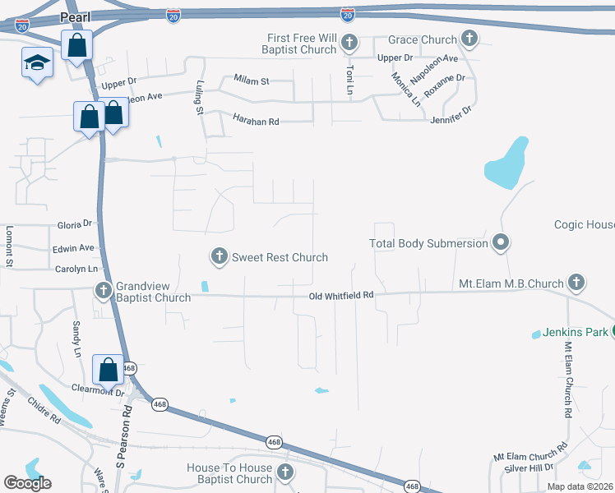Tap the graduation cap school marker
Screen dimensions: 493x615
tap(37, 62)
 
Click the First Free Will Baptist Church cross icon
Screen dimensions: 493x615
tap(349, 43)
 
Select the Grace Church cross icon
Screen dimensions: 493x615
tap(469, 38)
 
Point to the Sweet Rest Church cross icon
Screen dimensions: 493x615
tap(220, 257)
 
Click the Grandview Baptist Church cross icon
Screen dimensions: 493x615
tap(104, 290)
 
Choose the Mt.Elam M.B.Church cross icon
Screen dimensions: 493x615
tap(576, 283)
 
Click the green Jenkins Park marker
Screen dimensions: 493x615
tap(614, 332)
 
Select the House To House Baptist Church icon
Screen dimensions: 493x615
tap(284, 472)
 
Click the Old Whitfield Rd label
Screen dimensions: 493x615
tap(341, 295)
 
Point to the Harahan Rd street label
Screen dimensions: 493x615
tap(256, 122)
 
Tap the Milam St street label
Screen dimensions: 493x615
tap(252, 81)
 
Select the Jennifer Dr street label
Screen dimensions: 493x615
tap(451, 115)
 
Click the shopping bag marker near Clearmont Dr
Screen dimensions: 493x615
tap(108, 369)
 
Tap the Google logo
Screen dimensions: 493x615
tap(27, 482)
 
